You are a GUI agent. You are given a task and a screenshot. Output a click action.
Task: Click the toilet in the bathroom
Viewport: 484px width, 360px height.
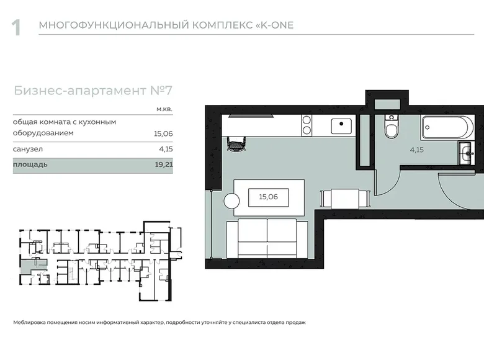click(391, 128)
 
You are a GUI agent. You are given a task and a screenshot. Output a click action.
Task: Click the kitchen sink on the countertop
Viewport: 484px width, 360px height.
click(341, 126)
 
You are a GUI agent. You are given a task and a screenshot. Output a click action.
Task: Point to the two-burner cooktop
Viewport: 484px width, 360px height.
click(307, 126)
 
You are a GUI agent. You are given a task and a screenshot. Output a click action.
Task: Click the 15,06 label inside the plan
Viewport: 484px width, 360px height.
click(267, 197)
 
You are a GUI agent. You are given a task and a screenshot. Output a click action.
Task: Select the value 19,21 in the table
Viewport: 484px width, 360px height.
click(163, 166)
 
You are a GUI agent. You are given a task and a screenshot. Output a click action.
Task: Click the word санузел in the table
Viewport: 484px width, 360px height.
click(29, 150)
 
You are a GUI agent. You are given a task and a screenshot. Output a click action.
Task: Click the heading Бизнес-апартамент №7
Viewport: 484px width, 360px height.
click(92, 91)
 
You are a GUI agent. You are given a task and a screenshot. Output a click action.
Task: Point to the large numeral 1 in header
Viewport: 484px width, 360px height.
click(17, 27)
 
